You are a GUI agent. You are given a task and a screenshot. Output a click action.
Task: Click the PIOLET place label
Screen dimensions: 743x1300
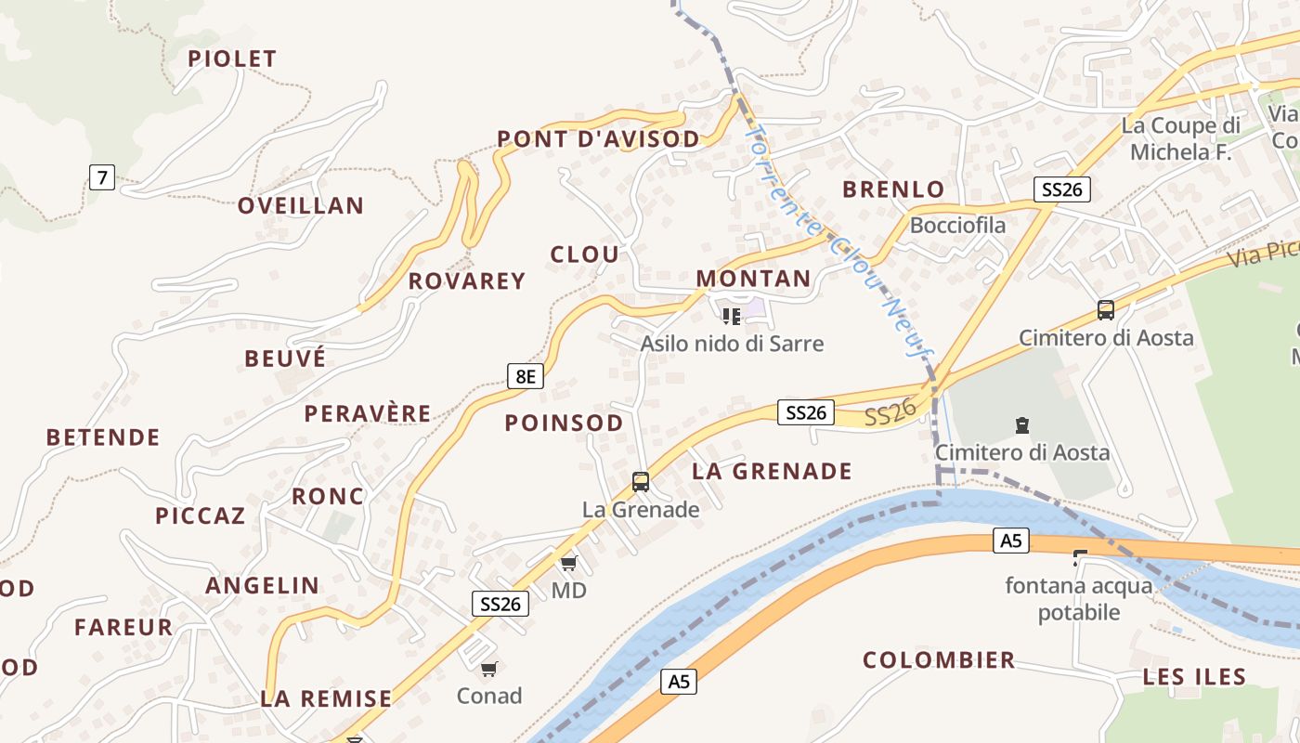(232, 59)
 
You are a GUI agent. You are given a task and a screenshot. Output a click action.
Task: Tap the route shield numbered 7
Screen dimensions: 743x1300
(102, 176)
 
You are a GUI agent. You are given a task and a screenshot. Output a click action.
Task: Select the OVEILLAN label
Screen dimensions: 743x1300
(300, 205)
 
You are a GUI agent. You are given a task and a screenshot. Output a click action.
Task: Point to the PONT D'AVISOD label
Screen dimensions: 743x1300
(598, 139)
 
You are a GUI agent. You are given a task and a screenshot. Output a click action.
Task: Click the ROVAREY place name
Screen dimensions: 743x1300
(467, 280)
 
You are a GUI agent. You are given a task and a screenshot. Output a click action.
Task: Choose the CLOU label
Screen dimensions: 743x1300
(584, 254)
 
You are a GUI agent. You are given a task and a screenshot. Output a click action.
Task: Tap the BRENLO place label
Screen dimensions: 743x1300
(892, 189)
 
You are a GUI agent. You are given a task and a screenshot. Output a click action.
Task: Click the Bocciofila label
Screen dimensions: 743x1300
(957, 225)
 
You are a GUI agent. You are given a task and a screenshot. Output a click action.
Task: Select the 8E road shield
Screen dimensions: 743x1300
(526, 376)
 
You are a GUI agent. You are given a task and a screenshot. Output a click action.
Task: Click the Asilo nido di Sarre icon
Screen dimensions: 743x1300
(732, 317)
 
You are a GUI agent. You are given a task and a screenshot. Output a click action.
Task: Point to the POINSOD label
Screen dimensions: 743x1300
(564, 424)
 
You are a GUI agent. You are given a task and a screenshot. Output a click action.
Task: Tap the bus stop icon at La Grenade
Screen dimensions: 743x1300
(640, 481)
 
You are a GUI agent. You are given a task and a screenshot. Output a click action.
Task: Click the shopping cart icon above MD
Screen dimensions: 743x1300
(568, 563)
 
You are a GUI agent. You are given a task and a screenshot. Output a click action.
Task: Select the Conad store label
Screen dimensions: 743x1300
(489, 696)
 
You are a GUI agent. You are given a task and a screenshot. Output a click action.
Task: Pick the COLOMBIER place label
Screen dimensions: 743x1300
(939, 660)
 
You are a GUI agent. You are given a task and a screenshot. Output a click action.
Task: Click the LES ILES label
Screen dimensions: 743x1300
(1194, 677)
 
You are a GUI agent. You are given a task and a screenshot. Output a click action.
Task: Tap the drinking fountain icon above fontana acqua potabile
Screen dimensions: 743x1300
(1080, 558)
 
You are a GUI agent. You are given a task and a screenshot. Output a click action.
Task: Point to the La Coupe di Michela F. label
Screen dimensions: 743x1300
(1180, 138)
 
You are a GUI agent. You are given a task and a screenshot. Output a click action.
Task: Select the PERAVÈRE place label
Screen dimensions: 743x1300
(368, 413)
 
